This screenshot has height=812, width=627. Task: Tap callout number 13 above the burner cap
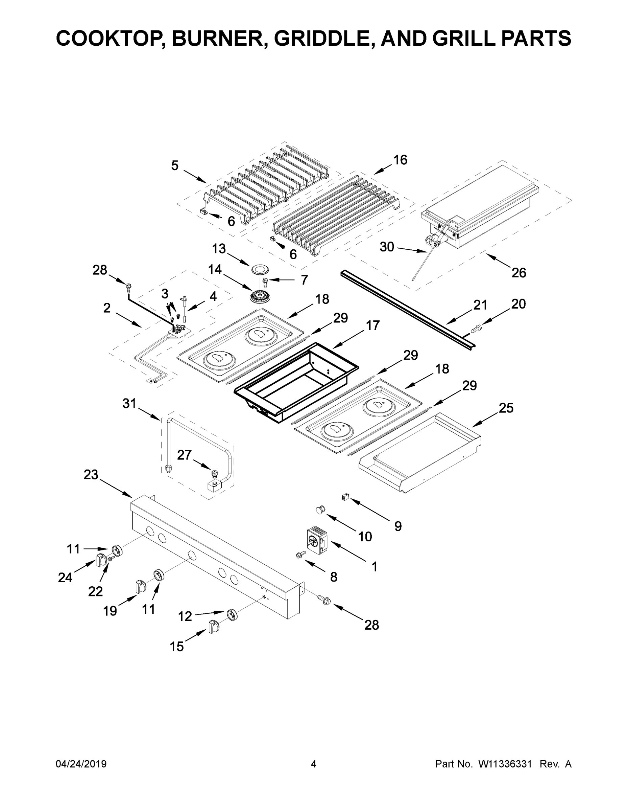[219, 249]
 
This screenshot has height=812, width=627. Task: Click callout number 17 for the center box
[372, 325]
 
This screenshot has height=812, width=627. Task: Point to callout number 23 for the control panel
[91, 475]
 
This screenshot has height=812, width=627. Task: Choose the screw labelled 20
[475, 329]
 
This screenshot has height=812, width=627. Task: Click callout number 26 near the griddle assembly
[519, 273]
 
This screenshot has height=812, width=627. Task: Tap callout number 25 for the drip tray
[506, 408]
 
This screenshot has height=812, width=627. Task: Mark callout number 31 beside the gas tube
[129, 403]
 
